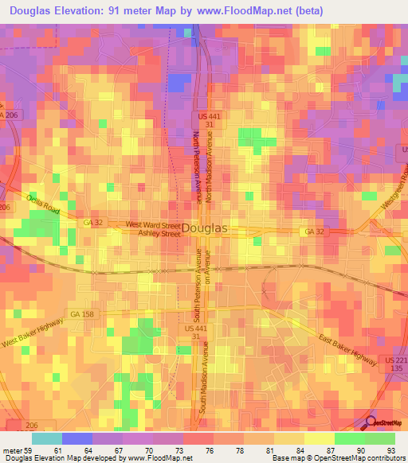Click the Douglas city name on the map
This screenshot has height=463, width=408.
205,228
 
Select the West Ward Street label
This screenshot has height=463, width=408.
148,225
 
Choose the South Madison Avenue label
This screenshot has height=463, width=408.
205,378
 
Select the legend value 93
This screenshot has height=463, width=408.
390,450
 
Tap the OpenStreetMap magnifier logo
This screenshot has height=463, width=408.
369,422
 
